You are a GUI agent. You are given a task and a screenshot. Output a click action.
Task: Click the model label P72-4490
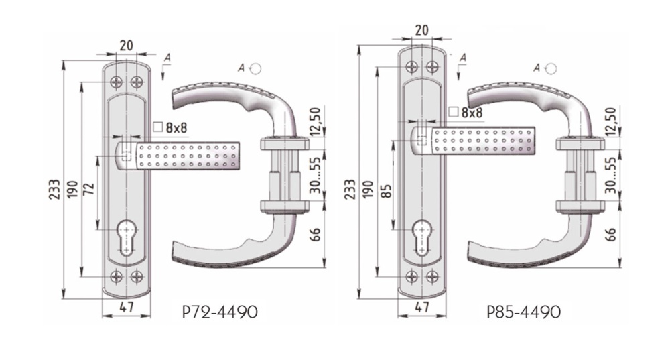tap(220, 312)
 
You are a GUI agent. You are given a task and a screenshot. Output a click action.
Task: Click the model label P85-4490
tap(523, 312)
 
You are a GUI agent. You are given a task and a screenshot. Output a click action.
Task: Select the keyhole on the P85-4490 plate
tap(422, 238)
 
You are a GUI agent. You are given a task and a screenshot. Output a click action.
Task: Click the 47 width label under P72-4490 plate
tap(126, 307)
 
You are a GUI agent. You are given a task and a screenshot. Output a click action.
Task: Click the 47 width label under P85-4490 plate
tap(421, 307)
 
